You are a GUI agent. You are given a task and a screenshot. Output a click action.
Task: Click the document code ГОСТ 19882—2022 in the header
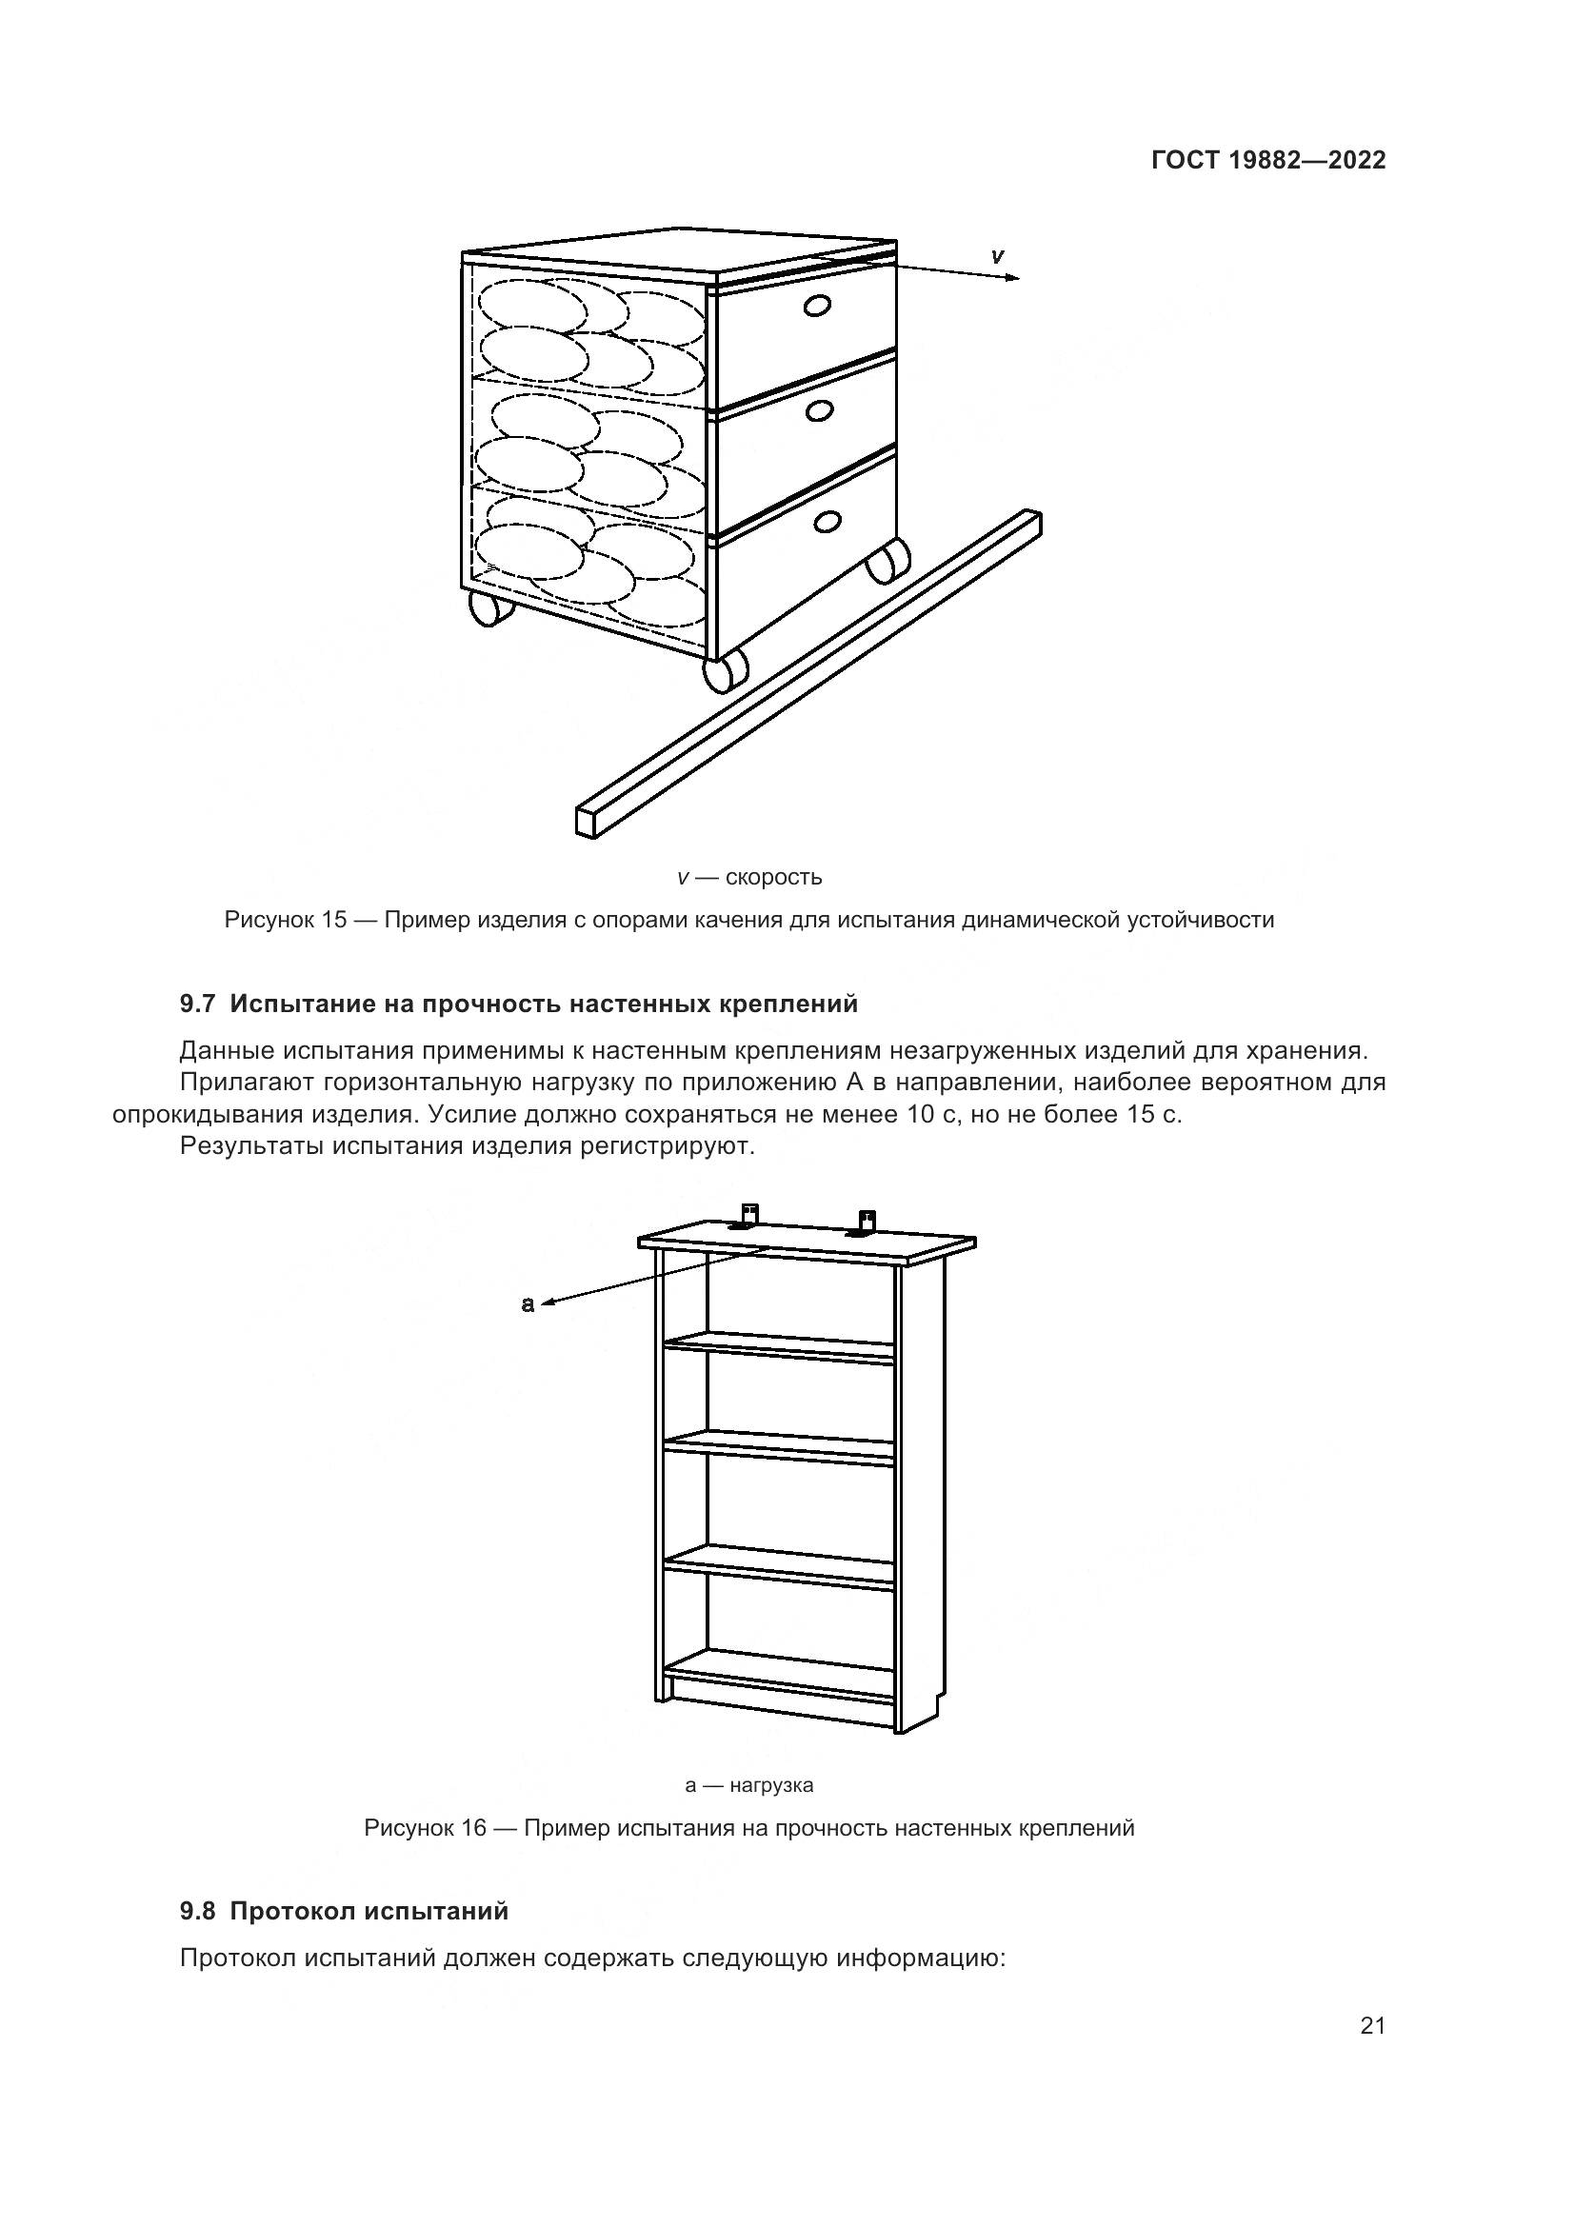1267,160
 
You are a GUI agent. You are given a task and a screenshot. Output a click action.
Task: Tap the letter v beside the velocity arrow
997,256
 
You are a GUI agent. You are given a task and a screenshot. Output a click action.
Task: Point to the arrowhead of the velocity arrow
1014,278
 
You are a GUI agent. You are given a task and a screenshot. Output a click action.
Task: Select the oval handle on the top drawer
818,307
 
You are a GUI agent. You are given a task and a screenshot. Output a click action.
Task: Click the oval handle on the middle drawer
820,411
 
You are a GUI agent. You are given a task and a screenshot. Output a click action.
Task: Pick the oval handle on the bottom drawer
827,522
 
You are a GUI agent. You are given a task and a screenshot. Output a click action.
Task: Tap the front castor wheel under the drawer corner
725,671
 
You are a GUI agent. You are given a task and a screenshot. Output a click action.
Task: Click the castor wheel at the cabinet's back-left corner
489,608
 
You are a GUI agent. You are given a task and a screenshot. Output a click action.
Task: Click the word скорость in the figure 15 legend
773,878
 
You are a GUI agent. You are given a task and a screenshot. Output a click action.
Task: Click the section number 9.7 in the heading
197,1004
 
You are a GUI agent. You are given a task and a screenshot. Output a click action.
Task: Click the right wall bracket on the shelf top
866,1223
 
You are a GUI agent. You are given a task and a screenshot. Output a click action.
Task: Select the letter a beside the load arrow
528,1304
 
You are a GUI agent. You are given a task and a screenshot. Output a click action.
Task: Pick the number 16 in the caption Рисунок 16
472,1828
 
